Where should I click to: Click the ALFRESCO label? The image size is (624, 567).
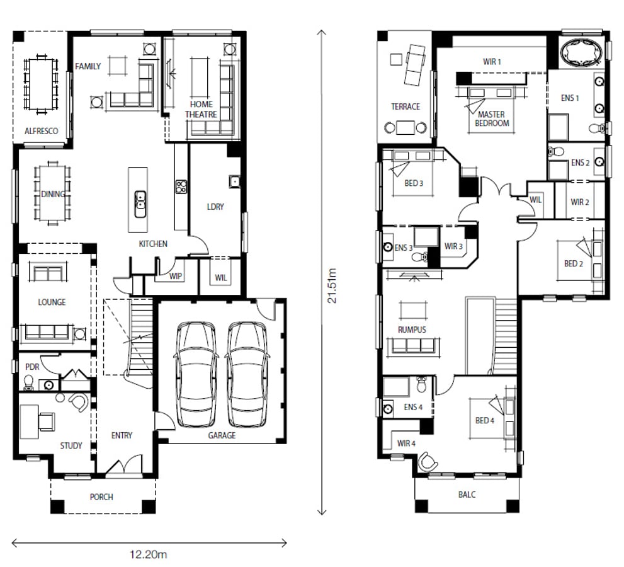pyautogui.click(x=42, y=131)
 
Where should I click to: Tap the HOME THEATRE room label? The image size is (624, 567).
pyautogui.click(x=201, y=110)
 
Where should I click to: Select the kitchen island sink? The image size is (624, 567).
pyautogui.click(x=140, y=204)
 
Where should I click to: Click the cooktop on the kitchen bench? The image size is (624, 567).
pyautogui.click(x=181, y=186)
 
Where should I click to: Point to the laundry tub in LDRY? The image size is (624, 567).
pyautogui.click(x=234, y=181)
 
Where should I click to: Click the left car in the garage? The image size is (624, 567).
pyautogui.click(x=196, y=374)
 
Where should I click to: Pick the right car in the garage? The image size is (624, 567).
pyautogui.click(x=247, y=374)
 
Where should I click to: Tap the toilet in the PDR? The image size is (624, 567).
pyautogui.click(x=29, y=383)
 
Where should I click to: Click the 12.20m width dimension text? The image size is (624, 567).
pyautogui.click(x=149, y=554)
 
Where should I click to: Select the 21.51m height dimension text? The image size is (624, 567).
pyautogui.click(x=332, y=285)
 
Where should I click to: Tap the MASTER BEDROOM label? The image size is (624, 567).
pyautogui.click(x=492, y=118)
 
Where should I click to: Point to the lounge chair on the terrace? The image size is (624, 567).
pyautogui.click(x=415, y=64)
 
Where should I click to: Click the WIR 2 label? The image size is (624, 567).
pyautogui.click(x=580, y=202)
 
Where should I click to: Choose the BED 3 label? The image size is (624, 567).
pyautogui.click(x=414, y=183)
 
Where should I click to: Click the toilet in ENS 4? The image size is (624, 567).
pyautogui.click(x=421, y=385)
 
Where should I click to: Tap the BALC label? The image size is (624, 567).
pyautogui.click(x=467, y=495)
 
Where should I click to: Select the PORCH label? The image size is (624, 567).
pyautogui.click(x=101, y=497)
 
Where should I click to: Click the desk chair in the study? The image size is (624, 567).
pyautogui.click(x=47, y=421)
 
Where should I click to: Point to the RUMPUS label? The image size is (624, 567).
pyautogui.click(x=412, y=329)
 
